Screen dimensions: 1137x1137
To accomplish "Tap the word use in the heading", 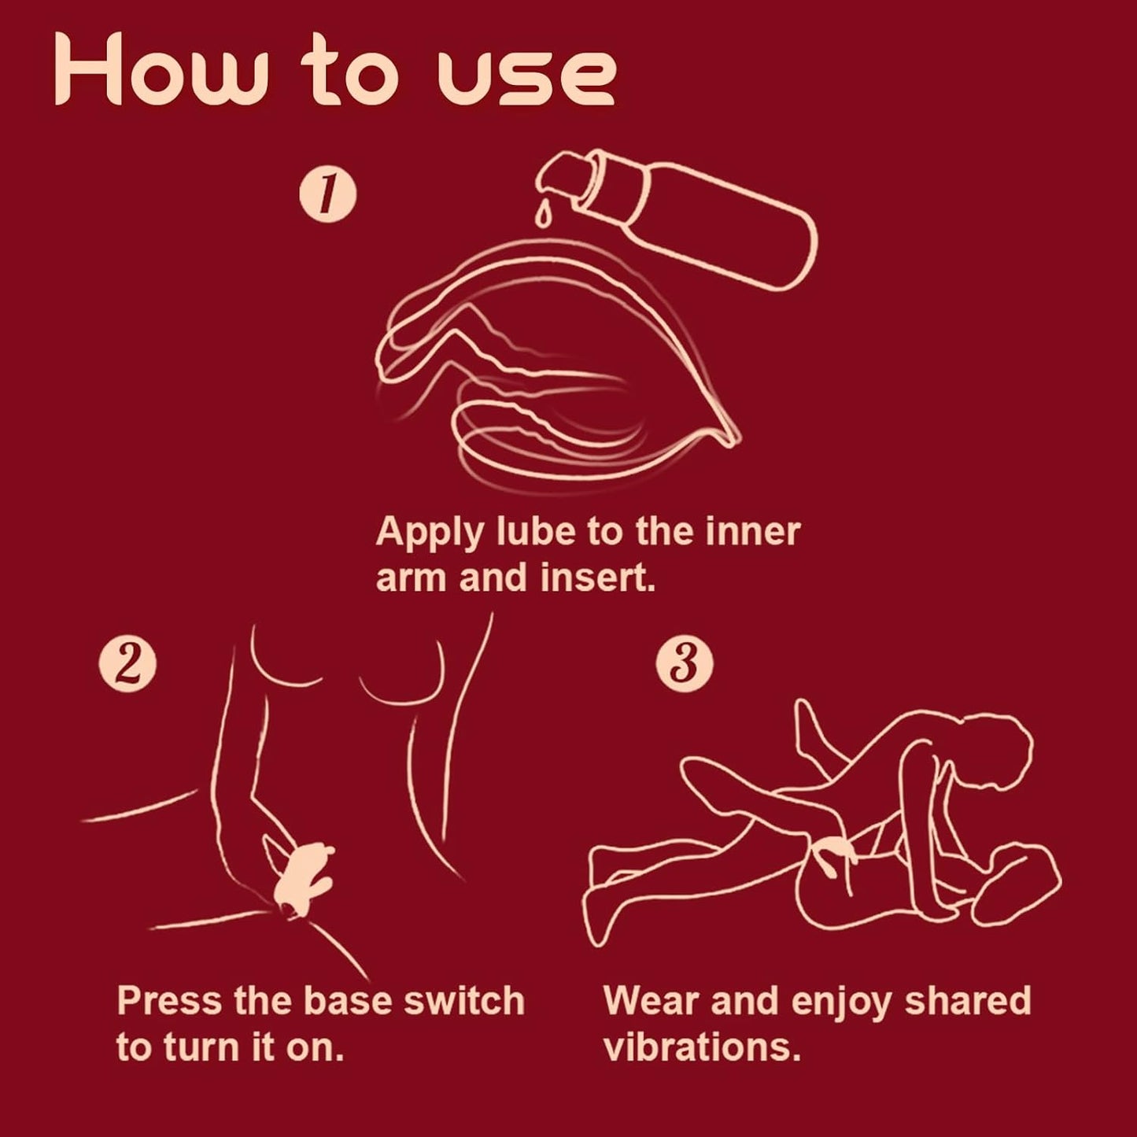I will (526, 79).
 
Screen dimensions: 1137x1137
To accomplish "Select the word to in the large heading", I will (350, 75).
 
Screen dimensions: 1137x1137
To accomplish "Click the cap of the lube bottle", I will (563, 177).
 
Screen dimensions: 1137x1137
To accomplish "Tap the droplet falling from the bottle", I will (543, 215).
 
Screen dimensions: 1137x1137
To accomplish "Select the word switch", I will (463, 1002).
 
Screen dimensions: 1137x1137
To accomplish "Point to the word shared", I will (968, 1001).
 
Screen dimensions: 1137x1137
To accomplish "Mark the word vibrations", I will (702, 1047).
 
